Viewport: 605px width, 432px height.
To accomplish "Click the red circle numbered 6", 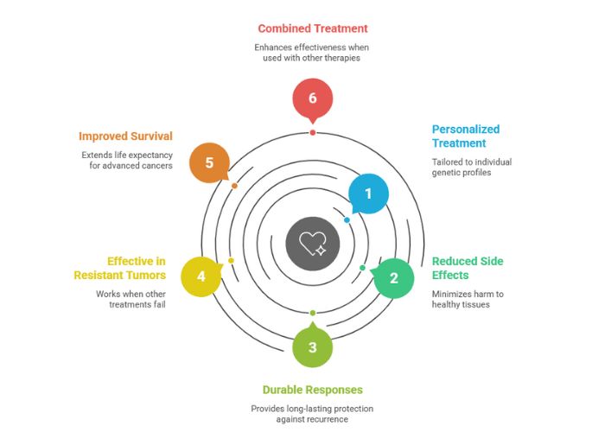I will [312, 98].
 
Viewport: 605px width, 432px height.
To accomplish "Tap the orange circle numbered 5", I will [209, 162].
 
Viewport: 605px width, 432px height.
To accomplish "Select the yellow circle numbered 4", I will [201, 277].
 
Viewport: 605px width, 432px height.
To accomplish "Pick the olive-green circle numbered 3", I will [312, 347].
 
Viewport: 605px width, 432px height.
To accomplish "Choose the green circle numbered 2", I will [394, 278].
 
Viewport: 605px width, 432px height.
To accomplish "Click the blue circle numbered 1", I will [368, 194].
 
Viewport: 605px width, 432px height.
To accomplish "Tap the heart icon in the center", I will [312, 243].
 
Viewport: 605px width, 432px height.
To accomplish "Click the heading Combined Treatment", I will [313, 29].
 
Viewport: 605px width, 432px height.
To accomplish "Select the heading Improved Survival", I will [125, 136].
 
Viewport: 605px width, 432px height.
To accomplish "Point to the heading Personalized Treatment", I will [466, 137].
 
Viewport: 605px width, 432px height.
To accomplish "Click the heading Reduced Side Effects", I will [468, 268].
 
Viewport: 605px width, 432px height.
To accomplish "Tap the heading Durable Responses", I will [313, 389].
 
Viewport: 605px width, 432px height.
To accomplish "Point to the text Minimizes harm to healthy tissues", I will [469, 299].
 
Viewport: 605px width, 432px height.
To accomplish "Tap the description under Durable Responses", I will [313, 413].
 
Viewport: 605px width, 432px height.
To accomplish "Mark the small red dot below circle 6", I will [312, 132].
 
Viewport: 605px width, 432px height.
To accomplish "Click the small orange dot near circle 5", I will [235, 186].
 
